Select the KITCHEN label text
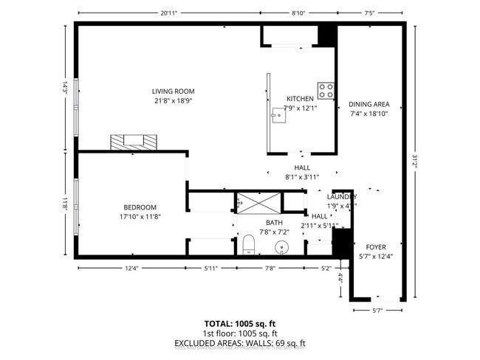point(300,99)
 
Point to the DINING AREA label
point(368,104)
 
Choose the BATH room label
point(274,223)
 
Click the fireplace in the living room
point(134,142)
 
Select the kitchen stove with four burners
point(326,90)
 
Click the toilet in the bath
point(249,244)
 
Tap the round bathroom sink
point(281,247)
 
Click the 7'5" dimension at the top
point(370,13)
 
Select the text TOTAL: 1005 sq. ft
point(239,324)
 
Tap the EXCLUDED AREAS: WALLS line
point(239,343)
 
